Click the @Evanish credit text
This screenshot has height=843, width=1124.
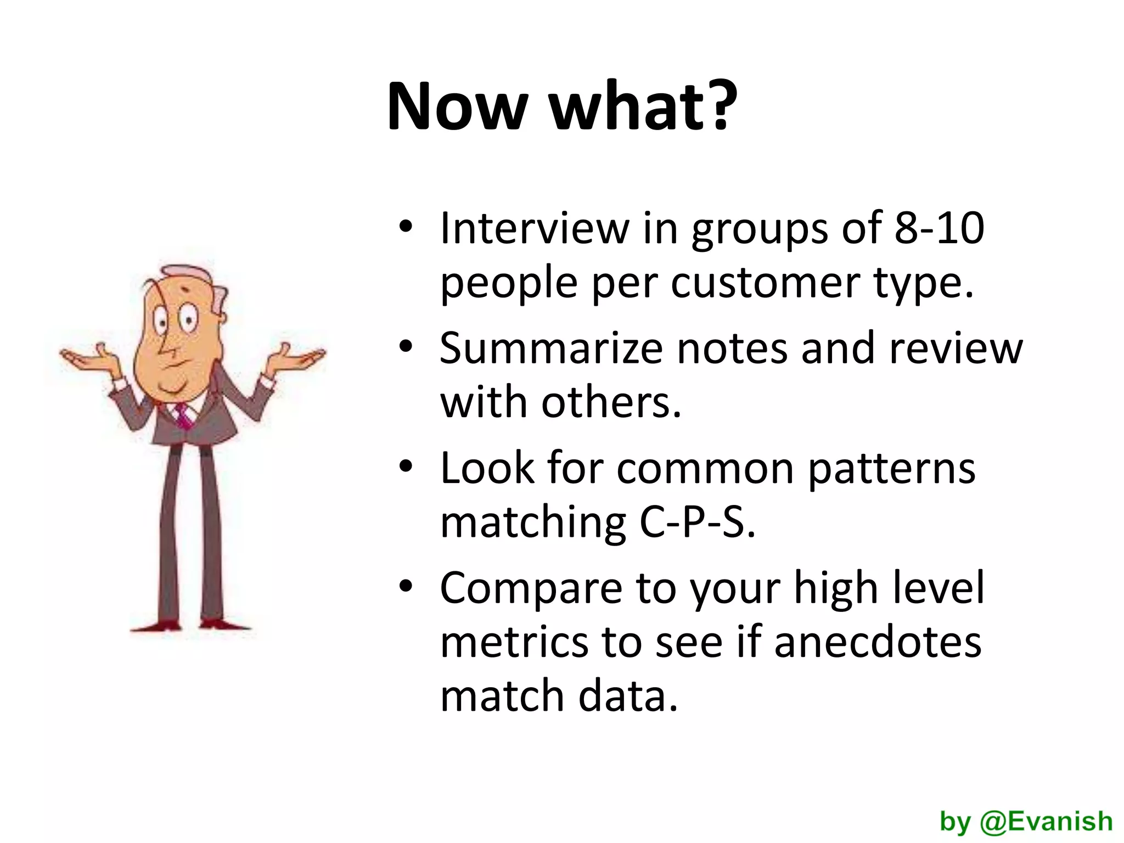tap(1026, 822)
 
